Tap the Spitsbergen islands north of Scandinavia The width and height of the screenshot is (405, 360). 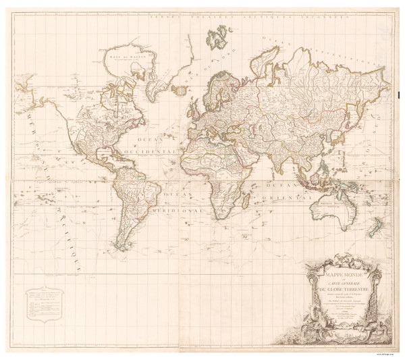coord(219,34)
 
